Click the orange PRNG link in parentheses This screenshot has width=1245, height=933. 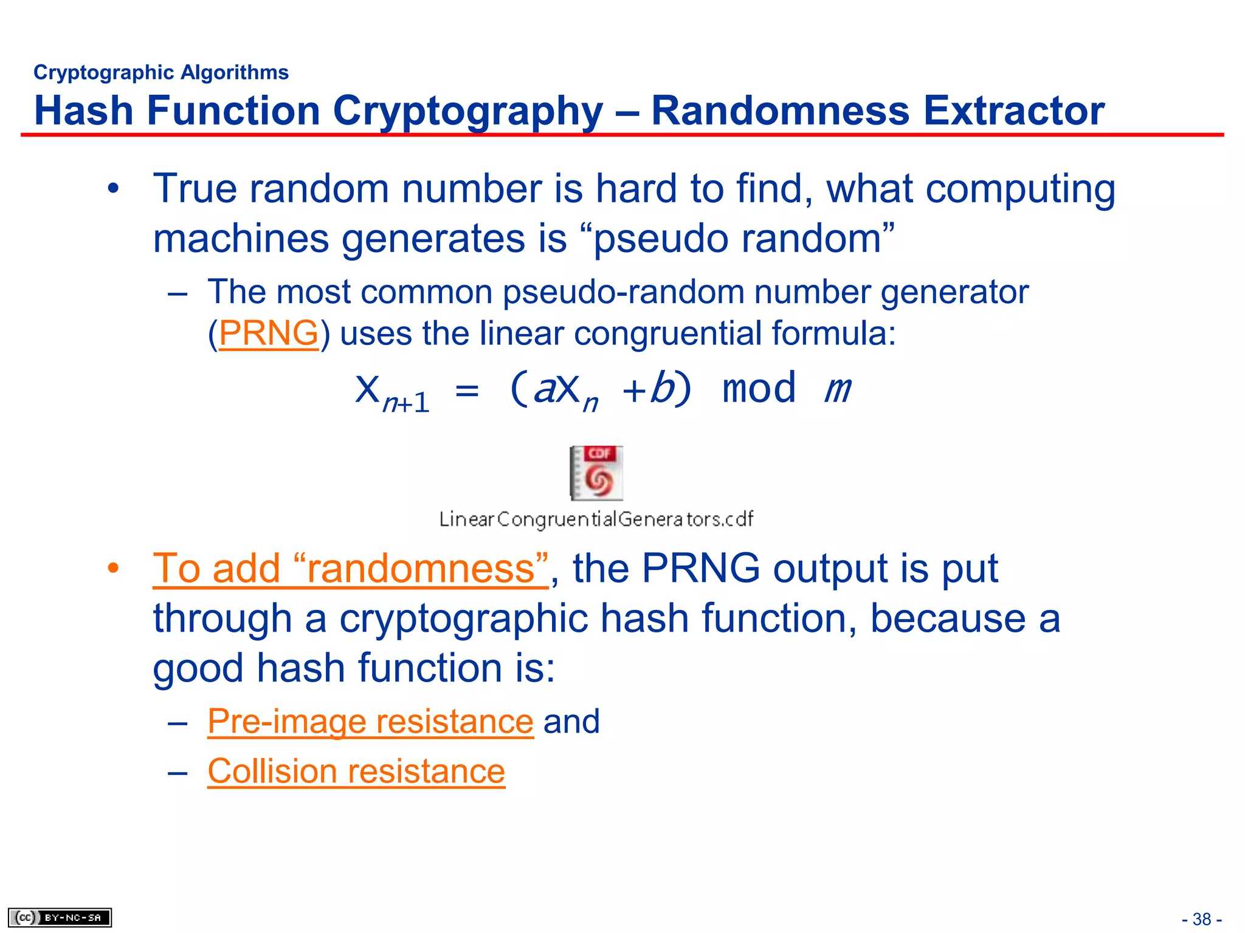tap(268, 333)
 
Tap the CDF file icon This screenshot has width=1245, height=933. tap(596, 473)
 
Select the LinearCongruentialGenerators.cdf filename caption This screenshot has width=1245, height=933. tap(596, 519)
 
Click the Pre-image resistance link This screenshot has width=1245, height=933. tap(370, 722)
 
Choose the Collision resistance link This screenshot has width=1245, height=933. tap(356, 771)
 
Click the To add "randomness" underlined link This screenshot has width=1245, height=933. tap(351, 569)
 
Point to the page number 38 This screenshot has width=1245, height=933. tap(1201, 919)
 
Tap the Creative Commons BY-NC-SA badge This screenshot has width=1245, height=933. tap(60, 917)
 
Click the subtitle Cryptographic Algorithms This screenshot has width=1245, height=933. tap(161, 72)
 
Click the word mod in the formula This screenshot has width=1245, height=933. tap(759, 389)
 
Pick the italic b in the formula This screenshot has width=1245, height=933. tap(662, 389)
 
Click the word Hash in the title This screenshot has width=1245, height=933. tap(83, 111)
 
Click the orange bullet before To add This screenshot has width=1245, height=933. tap(113, 569)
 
